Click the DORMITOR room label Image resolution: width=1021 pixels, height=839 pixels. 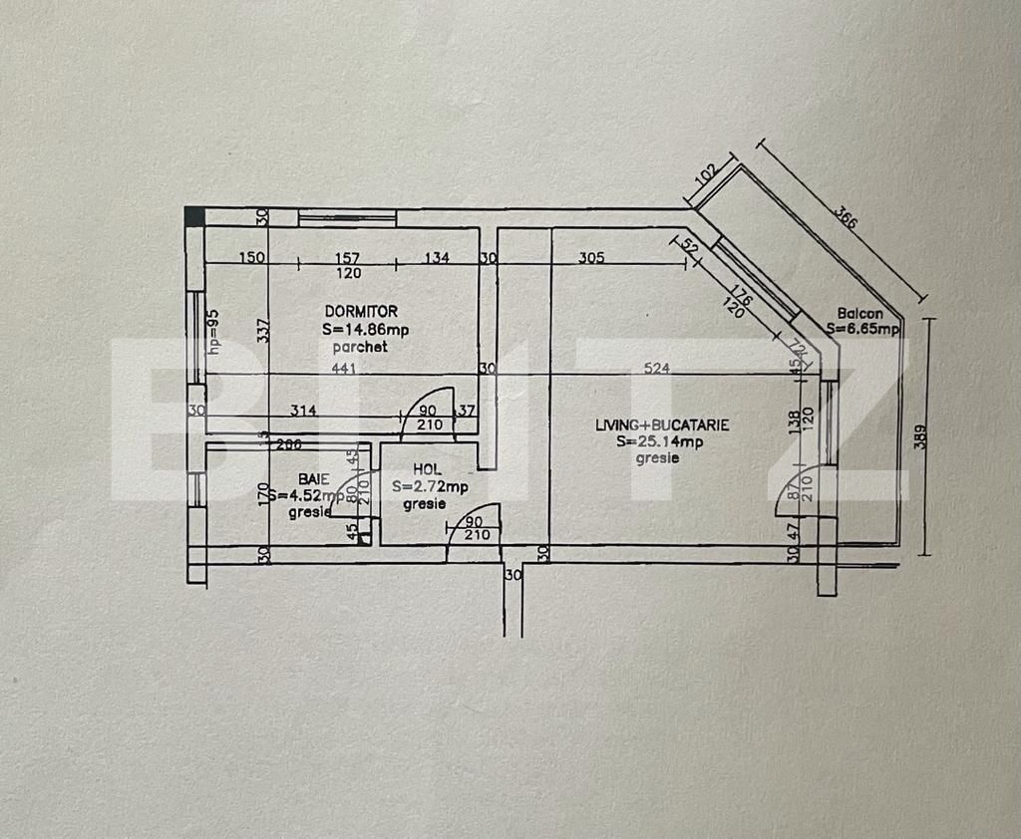360,312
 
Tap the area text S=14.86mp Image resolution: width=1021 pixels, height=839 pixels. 364,330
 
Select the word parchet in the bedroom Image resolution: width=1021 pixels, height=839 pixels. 360,348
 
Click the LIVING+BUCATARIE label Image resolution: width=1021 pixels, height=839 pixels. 661,424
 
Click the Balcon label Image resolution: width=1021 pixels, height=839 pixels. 859,313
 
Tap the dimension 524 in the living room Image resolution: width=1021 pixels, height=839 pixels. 656,368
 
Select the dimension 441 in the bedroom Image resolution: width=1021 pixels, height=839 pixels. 344,368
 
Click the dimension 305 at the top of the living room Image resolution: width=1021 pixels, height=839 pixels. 592,257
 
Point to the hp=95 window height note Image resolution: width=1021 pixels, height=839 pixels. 212,331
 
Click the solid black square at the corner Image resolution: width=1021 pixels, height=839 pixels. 193,214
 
